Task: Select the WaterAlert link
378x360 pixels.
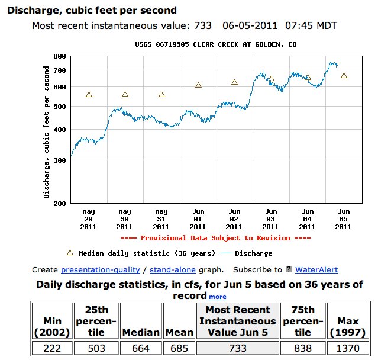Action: pos(316,269)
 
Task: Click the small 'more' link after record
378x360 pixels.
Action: pos(217,297)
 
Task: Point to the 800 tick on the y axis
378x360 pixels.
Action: pos(59,56)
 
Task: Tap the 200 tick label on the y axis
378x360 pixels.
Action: pos(59,203)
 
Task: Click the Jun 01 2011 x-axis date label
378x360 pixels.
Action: pos(198,219)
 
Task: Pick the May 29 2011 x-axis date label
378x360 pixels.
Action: pos(88,219)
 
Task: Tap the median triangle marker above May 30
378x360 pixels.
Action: pos(125,94)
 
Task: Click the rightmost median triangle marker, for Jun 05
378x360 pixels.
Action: pos(344,76)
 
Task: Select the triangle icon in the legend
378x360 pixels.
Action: pos(70,253)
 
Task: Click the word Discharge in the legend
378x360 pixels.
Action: pos(254,253)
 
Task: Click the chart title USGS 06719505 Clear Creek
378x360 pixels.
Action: pos(216,45)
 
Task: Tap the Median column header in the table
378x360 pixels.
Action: pos(141,332)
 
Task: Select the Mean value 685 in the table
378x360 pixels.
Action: pos(178,349)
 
